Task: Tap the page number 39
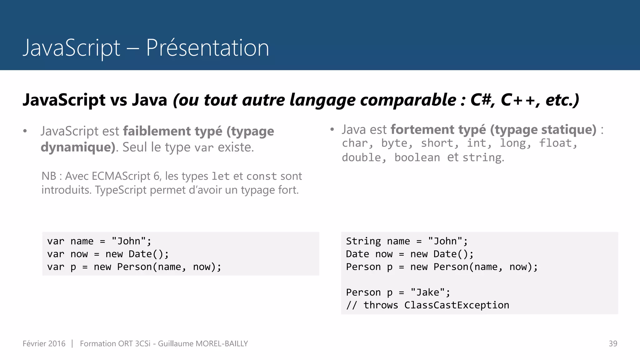pos(613,343)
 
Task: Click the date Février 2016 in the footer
pos(44,343)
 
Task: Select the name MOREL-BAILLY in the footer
pos(221,343)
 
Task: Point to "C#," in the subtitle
pos(482,100)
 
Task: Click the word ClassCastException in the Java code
pos(457,305)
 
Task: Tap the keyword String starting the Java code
pos(363,241)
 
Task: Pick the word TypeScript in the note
pos(121,190)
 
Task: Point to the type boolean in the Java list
pos(417,157)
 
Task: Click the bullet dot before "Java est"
pos(332,129)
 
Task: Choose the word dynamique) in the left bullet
pos(78,147)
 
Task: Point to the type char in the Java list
pos(355,143)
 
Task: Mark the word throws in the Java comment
pos(381,305)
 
